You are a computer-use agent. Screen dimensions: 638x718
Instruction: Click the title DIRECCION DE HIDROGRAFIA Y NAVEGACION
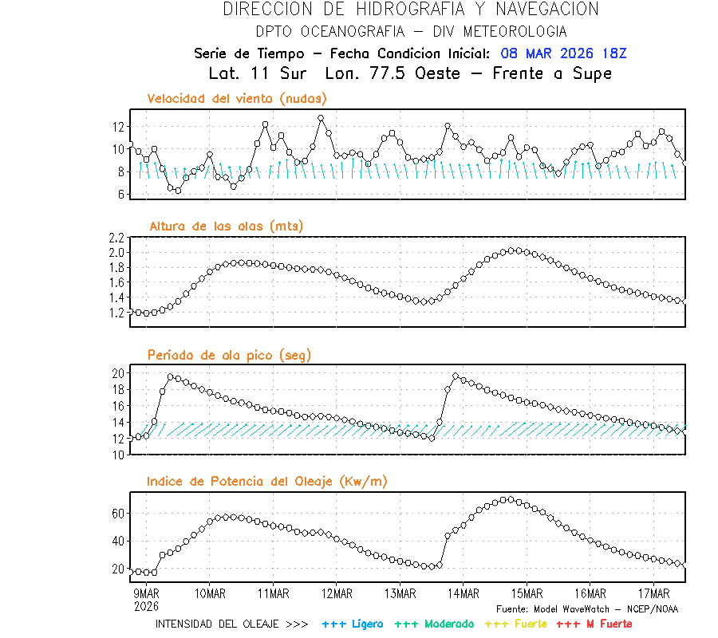tap(411, 10)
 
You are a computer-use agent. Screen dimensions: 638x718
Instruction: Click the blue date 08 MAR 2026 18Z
tap(564, 53)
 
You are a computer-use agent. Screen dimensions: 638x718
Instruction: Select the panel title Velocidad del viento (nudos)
tap(237, 98)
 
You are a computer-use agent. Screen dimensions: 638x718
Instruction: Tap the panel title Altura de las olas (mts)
tap(227, 226)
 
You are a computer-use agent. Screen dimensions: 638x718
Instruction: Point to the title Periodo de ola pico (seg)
tap(229, 355)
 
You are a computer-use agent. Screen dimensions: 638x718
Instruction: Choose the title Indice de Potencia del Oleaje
tap(267, 481)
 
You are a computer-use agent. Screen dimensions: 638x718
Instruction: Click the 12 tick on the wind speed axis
tap(118, 127)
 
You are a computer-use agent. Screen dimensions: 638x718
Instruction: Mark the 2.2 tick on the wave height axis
tap(116, 238)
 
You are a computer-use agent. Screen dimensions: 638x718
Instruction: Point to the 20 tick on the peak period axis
tap(118, 373)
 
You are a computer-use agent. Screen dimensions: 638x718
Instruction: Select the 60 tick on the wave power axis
tap(118, 514)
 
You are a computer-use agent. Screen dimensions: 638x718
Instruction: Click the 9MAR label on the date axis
tap(147, 593)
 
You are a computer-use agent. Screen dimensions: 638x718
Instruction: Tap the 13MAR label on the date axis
tap(400, 593)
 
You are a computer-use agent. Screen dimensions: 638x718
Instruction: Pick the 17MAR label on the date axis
tap(654, 593)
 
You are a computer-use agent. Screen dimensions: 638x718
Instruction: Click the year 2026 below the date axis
tap(146, 606)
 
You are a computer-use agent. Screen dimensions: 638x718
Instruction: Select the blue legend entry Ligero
tap(353, 624)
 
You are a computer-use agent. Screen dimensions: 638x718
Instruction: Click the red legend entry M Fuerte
tap(594, 624)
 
